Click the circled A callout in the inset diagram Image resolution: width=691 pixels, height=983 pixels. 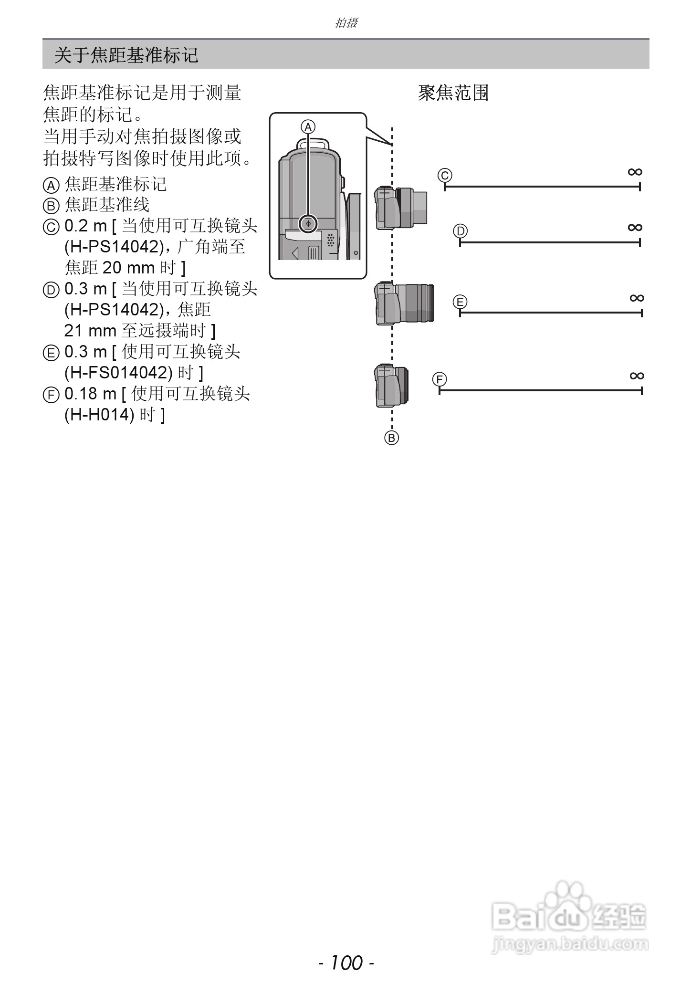click(x=308, y=127)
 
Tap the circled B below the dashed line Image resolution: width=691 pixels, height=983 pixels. click(x=391, y=438)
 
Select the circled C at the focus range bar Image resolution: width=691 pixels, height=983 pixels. click(x=445, y=175)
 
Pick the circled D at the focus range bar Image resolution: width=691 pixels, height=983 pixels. click(x=460, y=231)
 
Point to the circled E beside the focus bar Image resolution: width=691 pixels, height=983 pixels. click(x=460, y=302)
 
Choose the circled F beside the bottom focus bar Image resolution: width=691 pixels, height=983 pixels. click(x=439, y=380)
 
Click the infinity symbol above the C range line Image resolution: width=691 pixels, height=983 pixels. click(x=635, y=172)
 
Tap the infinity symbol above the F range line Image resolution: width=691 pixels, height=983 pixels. click(x=637, y=376)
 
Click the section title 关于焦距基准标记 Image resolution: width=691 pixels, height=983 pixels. click(x=126, y=55)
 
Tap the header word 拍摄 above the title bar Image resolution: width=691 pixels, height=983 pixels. click(x=346, y=22)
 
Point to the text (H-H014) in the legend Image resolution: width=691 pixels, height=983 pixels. click(x=99, y=415)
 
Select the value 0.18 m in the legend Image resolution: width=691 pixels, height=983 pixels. click(x=90, y=394)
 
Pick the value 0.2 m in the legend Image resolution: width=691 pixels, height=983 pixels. click(x=85, y=226)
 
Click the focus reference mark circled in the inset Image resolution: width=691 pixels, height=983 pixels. click(x=309, y=223)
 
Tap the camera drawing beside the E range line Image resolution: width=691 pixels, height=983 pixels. click(x=405, y=303)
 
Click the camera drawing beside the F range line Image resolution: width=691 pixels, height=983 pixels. click(x=391, y=386)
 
